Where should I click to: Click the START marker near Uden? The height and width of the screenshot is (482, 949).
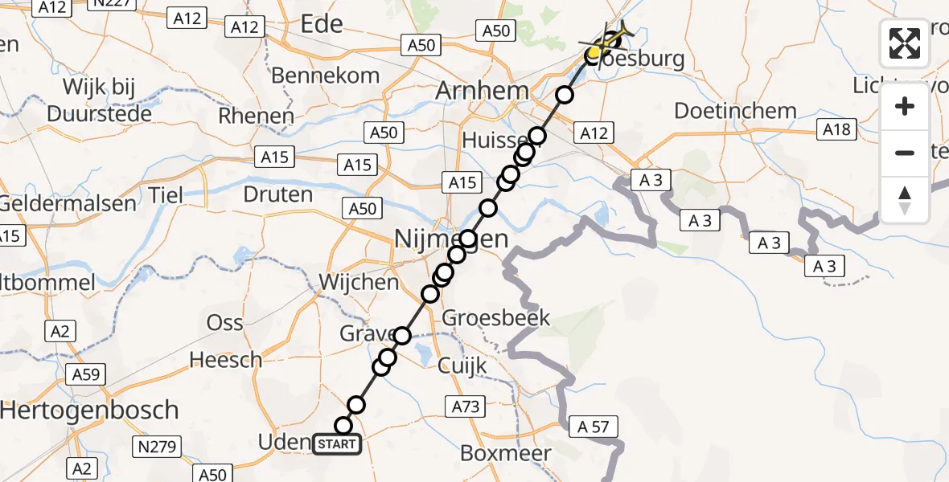337,443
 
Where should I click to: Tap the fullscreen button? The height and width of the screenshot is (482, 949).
905,43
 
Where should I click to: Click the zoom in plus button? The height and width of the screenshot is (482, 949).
905,106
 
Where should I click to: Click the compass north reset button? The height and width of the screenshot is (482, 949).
905,200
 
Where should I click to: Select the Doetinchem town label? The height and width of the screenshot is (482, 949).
735,111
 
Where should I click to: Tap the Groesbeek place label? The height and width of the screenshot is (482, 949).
496,317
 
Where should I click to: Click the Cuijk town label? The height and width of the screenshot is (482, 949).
462,366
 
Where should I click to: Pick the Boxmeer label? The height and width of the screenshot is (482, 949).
506,453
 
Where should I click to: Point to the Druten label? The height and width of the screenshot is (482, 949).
277,194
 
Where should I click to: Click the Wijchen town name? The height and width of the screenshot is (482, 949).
359,282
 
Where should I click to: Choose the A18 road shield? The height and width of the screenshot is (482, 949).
836,129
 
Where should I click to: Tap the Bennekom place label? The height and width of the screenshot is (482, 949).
326,76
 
